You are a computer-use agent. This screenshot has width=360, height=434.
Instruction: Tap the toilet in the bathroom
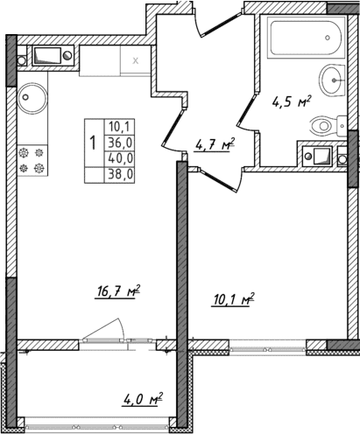[x=325, y=125]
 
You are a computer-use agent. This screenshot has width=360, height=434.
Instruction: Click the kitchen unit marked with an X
[x=135, y=61]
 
